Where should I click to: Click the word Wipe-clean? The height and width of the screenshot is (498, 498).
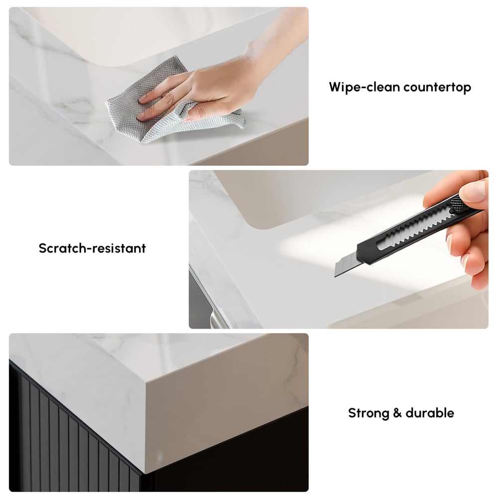point(364,88)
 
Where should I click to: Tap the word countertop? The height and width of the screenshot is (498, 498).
point(437,88)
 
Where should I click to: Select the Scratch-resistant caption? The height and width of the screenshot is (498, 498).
point(92,248)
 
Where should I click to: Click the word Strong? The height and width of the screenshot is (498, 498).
point(368,413)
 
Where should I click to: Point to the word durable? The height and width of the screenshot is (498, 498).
point(430,413)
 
